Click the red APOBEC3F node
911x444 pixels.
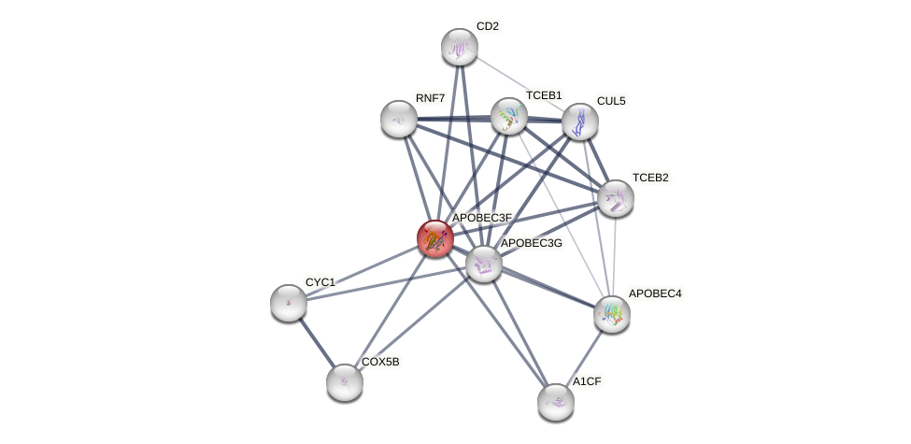pos(434,238)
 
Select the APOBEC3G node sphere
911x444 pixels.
pos(484,264)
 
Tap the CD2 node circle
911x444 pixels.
pos(459,47)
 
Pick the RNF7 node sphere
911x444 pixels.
pos(399,119)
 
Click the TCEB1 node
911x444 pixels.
pos(509,116)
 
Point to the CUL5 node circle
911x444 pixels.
pos(580,122)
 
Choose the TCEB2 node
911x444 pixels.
pos(616,197)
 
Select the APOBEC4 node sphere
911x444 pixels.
pos(612,313)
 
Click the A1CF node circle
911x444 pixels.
pos(556,402)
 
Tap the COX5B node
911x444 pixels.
pos(345,381)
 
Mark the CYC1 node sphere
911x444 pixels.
pos(288,302)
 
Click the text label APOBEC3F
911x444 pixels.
pos(482,218)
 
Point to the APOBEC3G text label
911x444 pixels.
pos(531,243)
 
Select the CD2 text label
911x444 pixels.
pos(487,26)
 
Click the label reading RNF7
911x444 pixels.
pos(430,97)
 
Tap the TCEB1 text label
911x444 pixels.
pos(543,95)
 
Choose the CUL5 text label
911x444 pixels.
pos(611,101)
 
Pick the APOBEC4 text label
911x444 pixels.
pos(654,294)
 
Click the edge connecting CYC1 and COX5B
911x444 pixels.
pos(317,342)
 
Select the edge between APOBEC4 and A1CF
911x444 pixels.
pos(584,358)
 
